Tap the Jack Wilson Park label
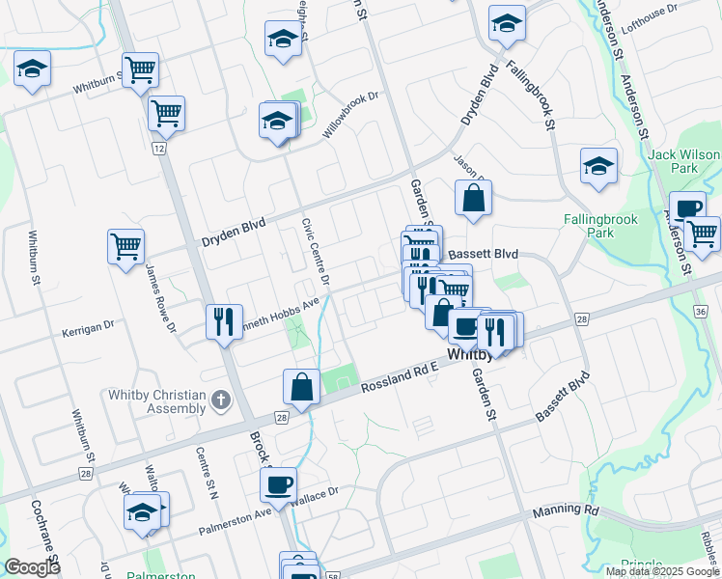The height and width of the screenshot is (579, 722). [x=684, y=161]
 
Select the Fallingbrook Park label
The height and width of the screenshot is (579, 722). [x=600, y=226]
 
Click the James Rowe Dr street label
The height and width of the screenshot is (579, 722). [x=160, y=299]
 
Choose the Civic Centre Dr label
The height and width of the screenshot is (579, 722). [x=315, y=252]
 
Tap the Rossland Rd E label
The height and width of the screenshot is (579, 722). [x=401, y=377]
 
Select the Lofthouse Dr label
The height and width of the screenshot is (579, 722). [x=649, y=18]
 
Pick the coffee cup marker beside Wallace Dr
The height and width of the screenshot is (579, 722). [x=279, y=484]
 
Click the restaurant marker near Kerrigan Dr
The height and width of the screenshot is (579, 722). [x=224, y=322]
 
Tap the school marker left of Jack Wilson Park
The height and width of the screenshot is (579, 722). [x=598, y=166]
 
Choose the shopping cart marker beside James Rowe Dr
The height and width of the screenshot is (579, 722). [x=126, y=247]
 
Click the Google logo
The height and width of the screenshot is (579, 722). [x=32, y=568]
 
